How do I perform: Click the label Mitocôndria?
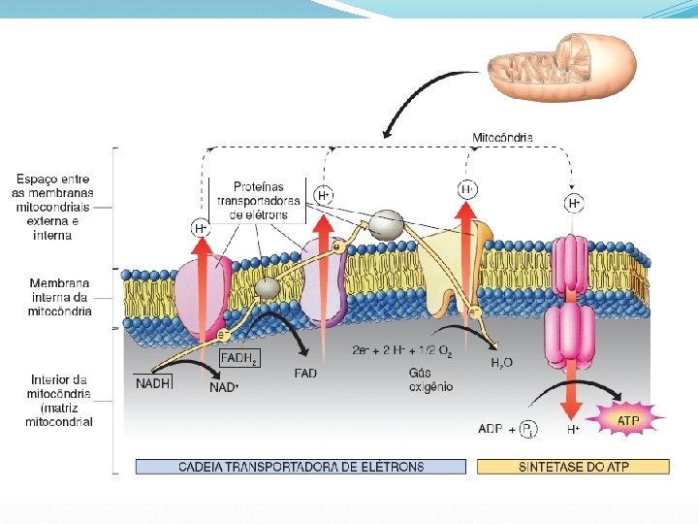point(502,138)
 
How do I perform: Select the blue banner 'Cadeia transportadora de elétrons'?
point(301,467)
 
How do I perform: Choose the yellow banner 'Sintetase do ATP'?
point(573,467)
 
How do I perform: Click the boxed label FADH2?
point(239,358)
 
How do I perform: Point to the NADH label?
point(154,383)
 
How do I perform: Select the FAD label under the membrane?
point(305,374)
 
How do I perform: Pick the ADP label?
point(492,428)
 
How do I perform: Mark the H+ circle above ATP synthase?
point(575,203)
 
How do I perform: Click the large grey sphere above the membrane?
point(386,224)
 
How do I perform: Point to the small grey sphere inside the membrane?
point(267,287)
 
